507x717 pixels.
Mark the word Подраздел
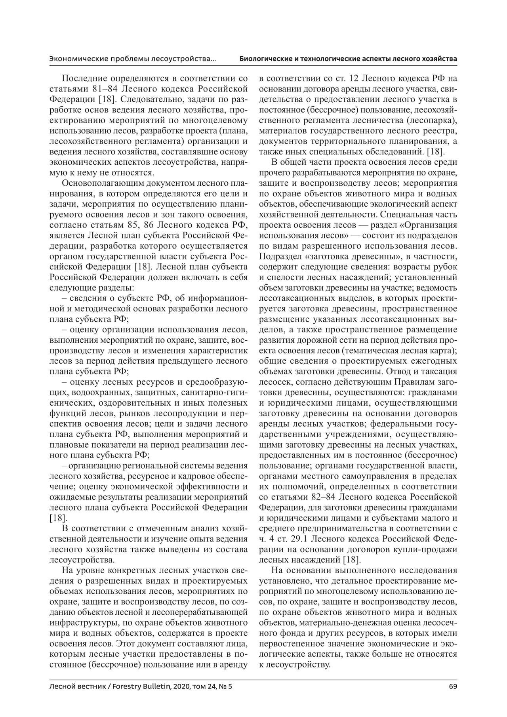point(277,257)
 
